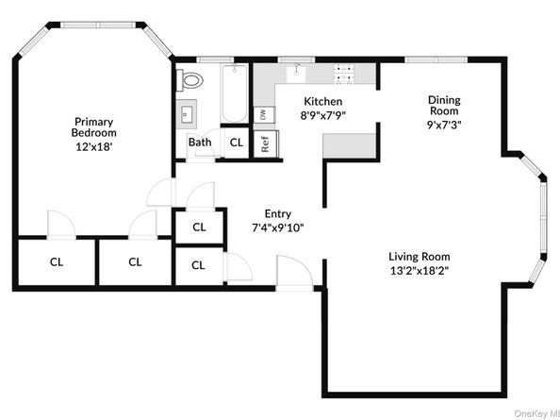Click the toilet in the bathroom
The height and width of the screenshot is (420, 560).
[191, 79]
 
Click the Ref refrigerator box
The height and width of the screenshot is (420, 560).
[265, 143]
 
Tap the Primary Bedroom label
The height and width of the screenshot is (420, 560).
[93, 127]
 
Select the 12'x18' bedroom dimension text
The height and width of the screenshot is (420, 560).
[93, 147]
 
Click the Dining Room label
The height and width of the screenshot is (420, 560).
[444, 106]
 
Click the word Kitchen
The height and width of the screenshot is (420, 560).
[321, 101]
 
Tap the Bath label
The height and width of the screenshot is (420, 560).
[200, 143]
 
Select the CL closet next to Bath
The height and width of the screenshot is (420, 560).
[236, 143]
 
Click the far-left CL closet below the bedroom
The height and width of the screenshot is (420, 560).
[57, 261]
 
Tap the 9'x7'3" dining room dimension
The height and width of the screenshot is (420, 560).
[444, 124]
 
